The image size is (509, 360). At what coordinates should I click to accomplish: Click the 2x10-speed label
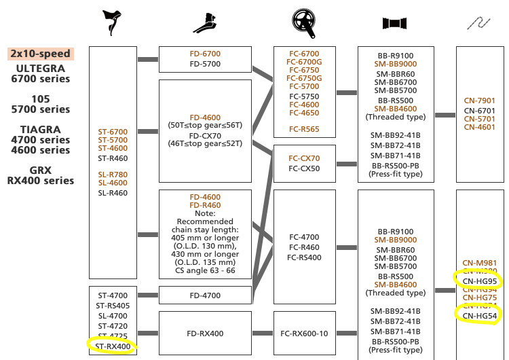(41, 53)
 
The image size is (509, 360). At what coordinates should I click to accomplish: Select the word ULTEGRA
(41, 68)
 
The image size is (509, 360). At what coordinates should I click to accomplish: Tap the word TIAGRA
(41, 129)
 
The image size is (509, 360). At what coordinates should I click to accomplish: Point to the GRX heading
(41, 170)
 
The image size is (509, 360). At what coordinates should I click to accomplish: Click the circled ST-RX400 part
(113, 346)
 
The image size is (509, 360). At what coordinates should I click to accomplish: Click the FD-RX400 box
(204, 334)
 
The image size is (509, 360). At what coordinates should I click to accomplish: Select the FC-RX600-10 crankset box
(304, 334)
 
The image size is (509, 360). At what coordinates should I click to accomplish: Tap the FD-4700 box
(204, 295)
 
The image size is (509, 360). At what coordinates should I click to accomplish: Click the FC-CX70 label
(304, 158)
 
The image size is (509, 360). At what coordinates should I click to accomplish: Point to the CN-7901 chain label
(480, 101)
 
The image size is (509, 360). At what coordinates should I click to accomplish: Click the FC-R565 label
(304, 128)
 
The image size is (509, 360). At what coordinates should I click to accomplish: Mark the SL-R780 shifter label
(113, 175)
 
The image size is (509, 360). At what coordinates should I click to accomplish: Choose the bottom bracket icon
(394, 23)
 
